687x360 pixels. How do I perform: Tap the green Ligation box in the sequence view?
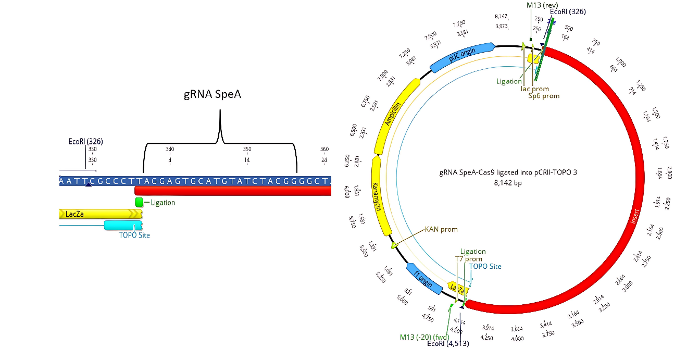[x=139, y=202]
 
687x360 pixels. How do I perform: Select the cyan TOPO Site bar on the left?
[x=123, y=225]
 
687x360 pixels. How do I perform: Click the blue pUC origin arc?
[x=461, y=57]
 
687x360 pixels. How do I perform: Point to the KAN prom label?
[x=442, y=229]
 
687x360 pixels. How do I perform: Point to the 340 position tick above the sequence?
[x=170, y=150]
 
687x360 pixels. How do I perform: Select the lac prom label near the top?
[x=534, y=89]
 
